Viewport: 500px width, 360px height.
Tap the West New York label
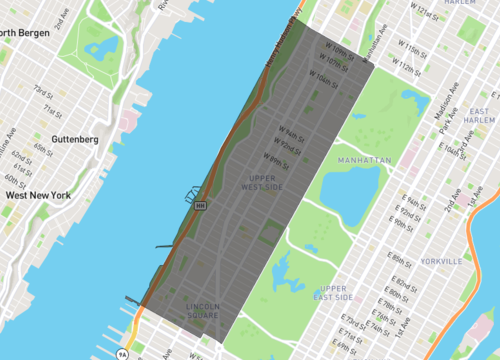coord(38,195)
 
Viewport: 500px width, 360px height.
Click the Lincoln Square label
coord(203,310)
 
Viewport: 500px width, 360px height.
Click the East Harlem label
coord(479,114)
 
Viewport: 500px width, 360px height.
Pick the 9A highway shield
coord(122,353)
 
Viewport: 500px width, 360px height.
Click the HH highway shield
coord(200,205)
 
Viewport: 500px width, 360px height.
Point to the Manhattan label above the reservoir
coord(365,159)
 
